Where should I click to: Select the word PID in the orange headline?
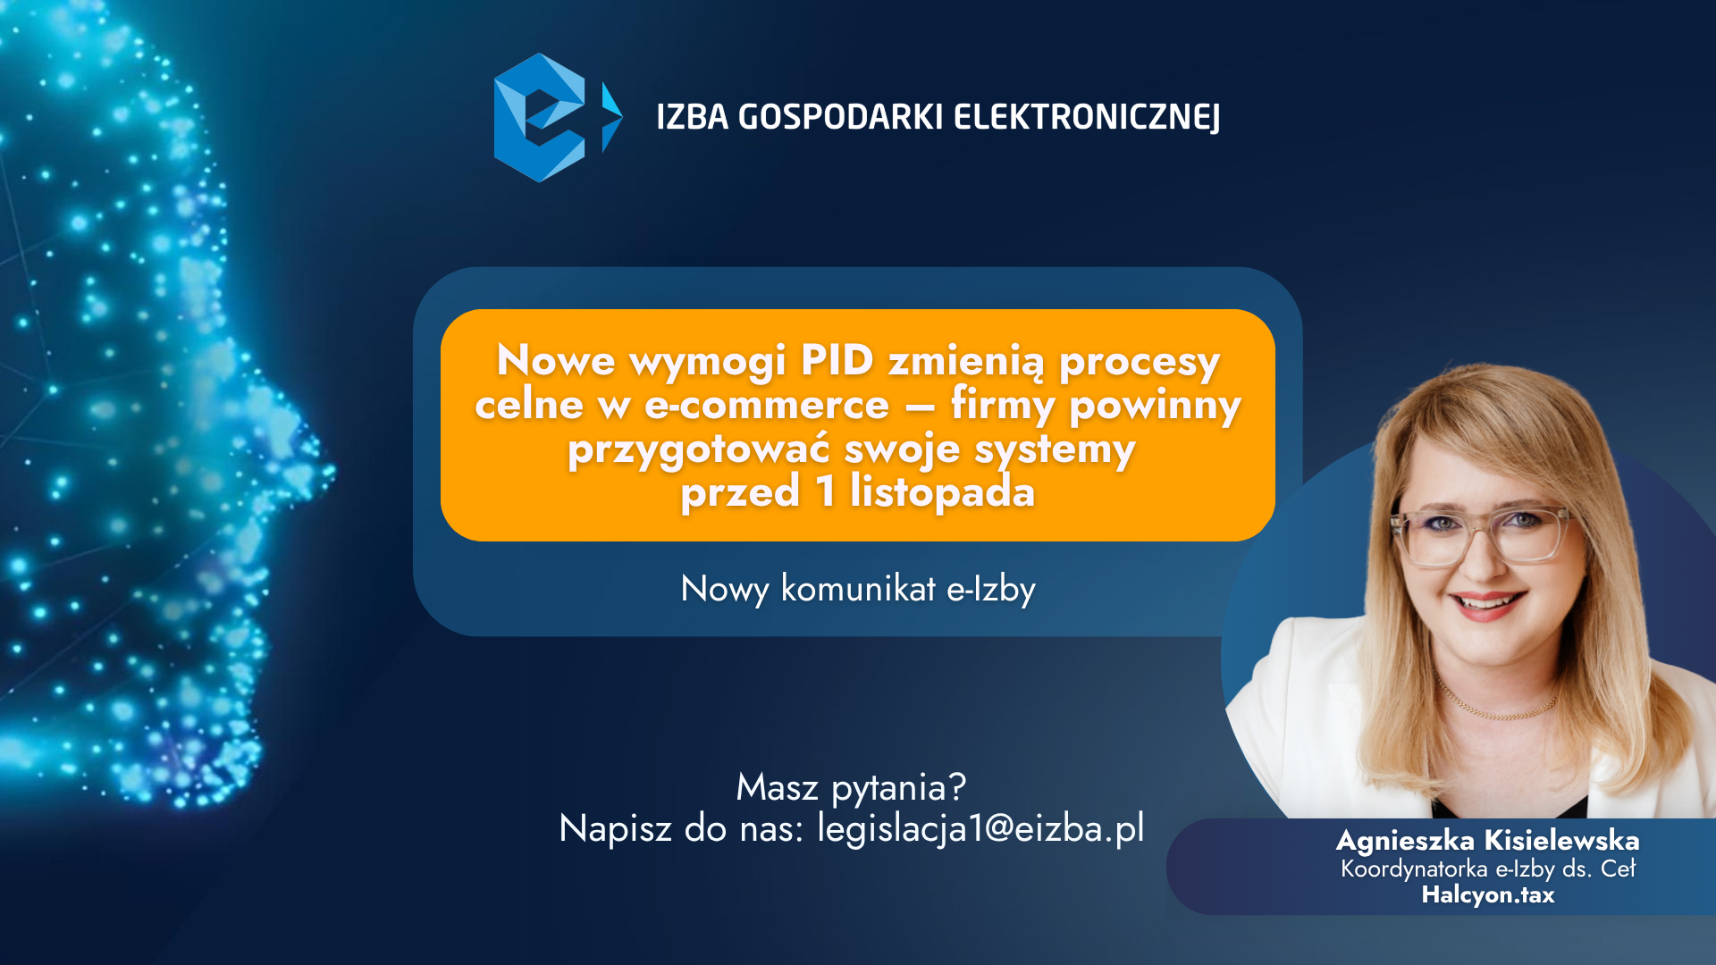pos(837,360)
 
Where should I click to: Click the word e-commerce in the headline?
pos(767,405)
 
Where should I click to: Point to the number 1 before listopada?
pos(825,491)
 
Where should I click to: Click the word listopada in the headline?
pos(943,491)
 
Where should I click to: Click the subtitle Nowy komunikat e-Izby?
pos(858,589)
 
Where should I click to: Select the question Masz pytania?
pos(851,787)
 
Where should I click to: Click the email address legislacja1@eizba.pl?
pos(980,828)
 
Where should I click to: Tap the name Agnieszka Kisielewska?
pos(1487,841)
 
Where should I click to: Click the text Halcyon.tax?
pos(1488,894)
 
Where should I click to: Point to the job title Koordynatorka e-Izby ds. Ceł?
pos(1488,868)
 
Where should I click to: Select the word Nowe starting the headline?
pos(556,360)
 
